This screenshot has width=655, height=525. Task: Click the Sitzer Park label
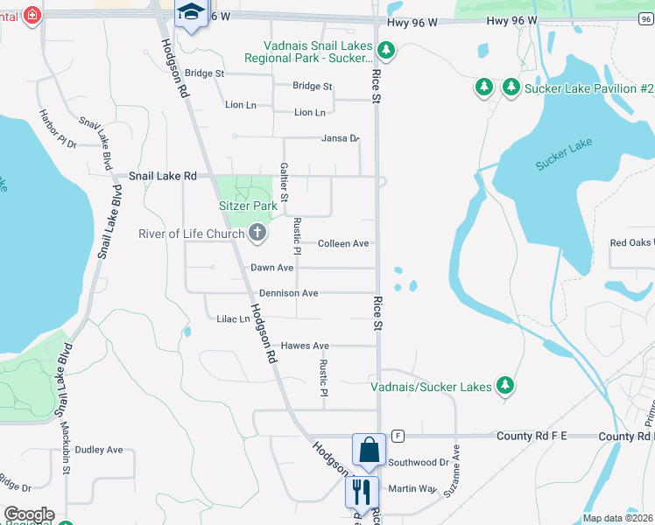click(x=248, y=206)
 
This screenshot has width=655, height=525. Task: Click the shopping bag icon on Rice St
click(x=370, y=450)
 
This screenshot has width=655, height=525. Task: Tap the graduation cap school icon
click(x=189, y=13)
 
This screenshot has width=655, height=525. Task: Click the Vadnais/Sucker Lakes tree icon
click(x=504, y=385)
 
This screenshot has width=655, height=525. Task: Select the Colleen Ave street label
click(x=343, y=243)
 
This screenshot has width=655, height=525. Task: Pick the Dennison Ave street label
click(x=288, y=293)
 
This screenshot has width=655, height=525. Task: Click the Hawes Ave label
click(x=305, y=346)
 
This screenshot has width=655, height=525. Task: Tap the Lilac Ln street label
click(x=233, y=319)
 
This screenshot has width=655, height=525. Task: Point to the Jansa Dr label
click(x=341, y=138)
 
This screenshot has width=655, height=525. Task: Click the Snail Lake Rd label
click(x=163, y=176)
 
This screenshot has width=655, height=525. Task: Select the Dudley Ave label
click(x=98, y=450)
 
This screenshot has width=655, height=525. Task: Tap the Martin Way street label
click(x=412, y=488)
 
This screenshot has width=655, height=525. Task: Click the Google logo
click(x=29, y=514)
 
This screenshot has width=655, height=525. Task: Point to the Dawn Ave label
click(x=271, y=268)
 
